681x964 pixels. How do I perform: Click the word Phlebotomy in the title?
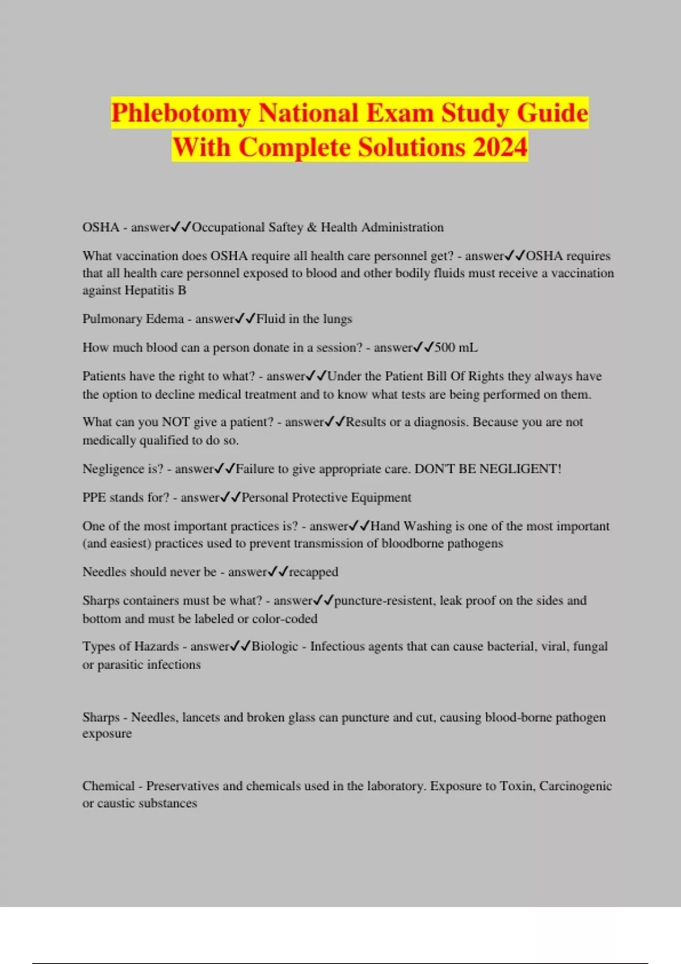coord(180,113)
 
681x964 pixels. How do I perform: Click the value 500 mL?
coord(456,348)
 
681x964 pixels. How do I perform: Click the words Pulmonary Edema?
coord(133,319)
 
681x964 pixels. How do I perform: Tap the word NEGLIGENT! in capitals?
coord(520,469)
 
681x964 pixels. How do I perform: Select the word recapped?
coord(314,572)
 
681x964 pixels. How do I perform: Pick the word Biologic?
coord(275,646)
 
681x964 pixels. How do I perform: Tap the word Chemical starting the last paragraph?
coord(108,786)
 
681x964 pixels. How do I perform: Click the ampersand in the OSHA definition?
coord(312,227)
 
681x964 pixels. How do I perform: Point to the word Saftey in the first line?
coord(285,227)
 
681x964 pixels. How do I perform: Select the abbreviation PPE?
coord(94,497)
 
